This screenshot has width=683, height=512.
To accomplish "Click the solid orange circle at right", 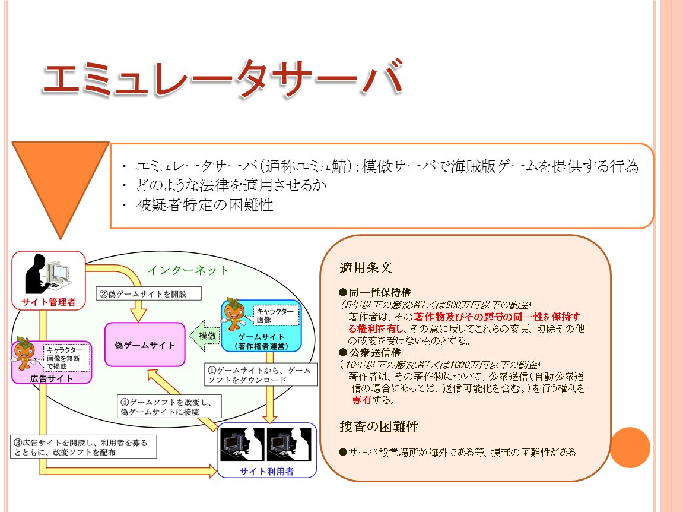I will [631, 447].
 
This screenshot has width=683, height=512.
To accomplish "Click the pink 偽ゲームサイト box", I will [145, 345].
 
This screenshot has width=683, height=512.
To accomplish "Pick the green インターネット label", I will [188, 270].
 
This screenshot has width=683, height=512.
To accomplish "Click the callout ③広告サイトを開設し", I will [83, 447].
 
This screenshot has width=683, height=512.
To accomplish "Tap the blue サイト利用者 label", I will [267, 472].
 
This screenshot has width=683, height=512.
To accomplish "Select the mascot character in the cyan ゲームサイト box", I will [235, 315].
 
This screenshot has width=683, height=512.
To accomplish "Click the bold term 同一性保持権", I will [374, 293].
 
